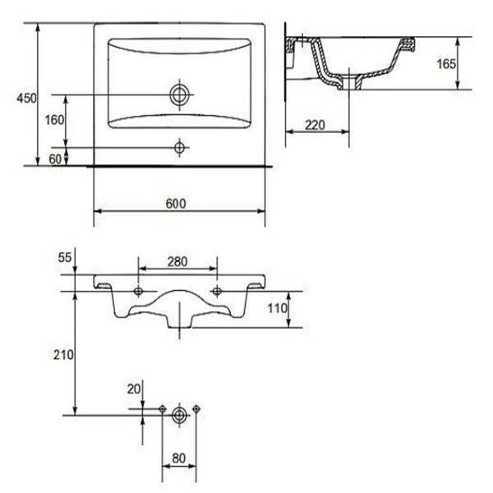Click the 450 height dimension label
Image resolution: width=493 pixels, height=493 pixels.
tap(26, 99)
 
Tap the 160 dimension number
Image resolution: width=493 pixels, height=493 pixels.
tap(54, 120)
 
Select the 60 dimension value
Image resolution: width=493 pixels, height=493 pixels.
tap(55, 159)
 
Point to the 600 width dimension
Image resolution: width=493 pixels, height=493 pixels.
tap(176, 204)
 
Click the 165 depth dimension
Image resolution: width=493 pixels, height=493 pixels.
tap(446, 64)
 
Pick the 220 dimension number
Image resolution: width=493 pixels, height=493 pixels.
tap(315, 125)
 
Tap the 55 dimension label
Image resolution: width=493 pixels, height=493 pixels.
tap(65, 258)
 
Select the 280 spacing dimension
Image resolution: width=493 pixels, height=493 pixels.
tap(177, 261)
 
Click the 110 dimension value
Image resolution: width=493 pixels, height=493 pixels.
tap(278, 308)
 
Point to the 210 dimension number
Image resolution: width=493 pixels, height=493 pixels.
tap(63, 355)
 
